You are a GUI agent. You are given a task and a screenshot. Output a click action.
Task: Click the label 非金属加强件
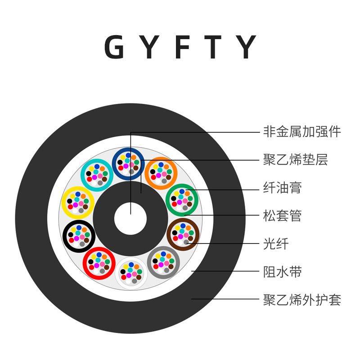tap(302, 132)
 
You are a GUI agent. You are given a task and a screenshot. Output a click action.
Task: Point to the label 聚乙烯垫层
tap(295, 160)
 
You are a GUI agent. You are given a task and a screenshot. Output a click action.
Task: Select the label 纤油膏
tap(282, 188)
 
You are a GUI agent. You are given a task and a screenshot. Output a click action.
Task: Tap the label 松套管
tap(282, 216)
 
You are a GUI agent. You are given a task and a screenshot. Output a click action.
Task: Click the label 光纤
tap(275, 244)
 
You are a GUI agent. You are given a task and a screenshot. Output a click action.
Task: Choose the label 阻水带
tap(282, 272)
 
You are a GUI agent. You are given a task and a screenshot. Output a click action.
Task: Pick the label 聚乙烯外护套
tap(302, 300)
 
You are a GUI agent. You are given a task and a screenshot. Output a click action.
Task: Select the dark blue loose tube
tap(128, 163)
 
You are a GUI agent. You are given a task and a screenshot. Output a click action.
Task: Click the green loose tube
tap(182, 199)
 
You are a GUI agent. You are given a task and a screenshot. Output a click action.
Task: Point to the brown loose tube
tap(183, 234)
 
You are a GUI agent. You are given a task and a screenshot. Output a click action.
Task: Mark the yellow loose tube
tap(77, 202)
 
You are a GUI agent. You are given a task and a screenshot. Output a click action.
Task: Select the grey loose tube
tap(163, 262)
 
